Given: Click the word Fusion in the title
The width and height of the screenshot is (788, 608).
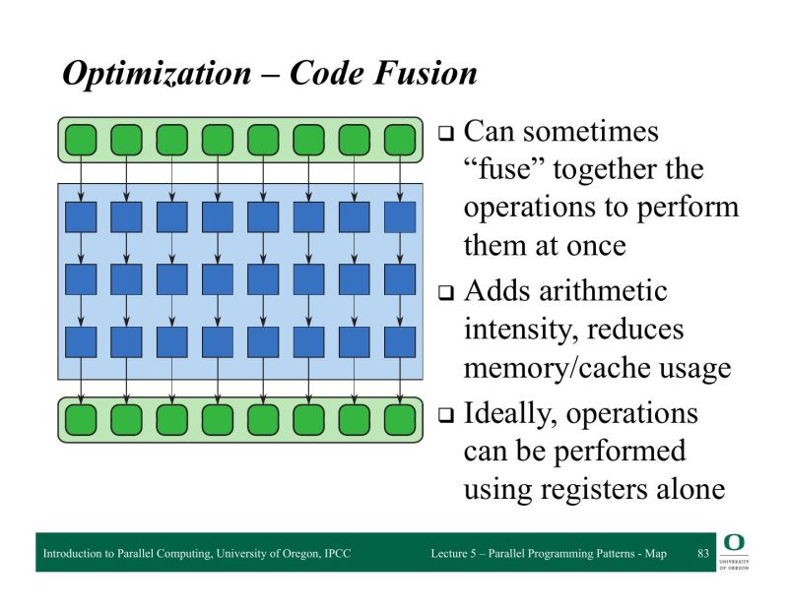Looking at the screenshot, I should click(x=427, y=74).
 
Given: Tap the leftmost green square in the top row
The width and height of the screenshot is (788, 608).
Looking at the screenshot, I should click(x=81, y=140).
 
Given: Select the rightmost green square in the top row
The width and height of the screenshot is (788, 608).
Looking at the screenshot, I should click(x=400, y=140).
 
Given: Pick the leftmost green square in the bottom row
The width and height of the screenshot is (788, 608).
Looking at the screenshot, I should click(x=81, y=420).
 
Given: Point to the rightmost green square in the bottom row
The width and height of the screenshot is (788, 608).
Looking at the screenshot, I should click(x=400, y=420).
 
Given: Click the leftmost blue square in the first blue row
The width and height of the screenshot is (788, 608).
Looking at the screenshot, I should click(x=81, y=216).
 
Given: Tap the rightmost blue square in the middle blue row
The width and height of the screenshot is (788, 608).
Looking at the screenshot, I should click(x=400, y=279).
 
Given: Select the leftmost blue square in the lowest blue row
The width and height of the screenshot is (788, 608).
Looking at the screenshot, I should click(x=81, y=341).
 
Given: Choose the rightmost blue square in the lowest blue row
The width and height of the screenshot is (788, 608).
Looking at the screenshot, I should click(x=400, y=341).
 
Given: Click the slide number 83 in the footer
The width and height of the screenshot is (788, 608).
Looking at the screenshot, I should click(x=702, y=554).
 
